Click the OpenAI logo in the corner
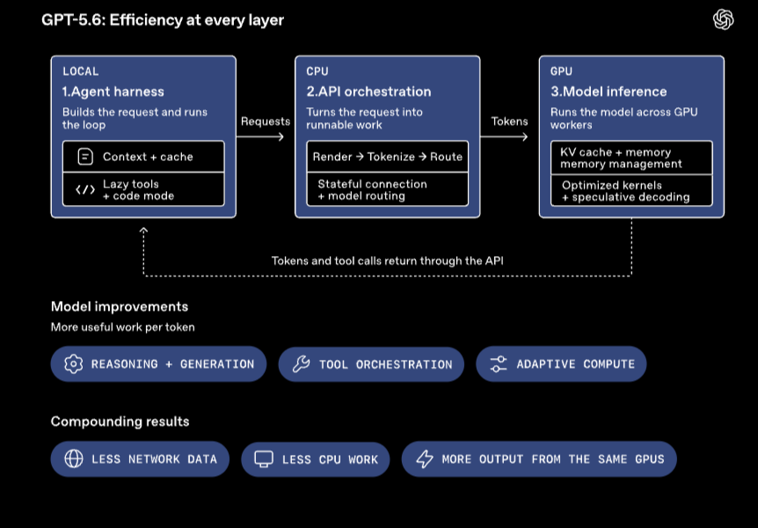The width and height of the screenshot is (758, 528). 723,20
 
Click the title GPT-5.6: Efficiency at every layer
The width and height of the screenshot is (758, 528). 163,20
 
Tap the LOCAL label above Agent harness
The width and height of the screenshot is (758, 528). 81,71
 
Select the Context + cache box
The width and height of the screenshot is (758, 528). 143,157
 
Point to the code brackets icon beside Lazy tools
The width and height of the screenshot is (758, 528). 85,190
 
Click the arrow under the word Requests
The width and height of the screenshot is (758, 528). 260,136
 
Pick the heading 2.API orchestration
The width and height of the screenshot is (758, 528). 368,92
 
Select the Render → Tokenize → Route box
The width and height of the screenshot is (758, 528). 388,157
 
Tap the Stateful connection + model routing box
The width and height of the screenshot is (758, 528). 388,190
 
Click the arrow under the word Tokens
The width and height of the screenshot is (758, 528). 504,136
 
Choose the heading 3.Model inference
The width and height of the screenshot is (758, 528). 609,92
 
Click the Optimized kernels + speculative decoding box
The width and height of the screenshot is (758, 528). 632,191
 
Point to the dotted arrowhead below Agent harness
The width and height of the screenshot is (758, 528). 143,231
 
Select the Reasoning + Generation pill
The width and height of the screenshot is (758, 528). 158,364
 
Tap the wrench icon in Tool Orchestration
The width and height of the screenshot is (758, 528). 301,364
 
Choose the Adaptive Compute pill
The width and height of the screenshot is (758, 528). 561,364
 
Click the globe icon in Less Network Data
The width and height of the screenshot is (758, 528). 74,458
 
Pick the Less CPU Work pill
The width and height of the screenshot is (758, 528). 316,458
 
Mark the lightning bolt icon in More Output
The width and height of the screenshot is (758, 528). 425,458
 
